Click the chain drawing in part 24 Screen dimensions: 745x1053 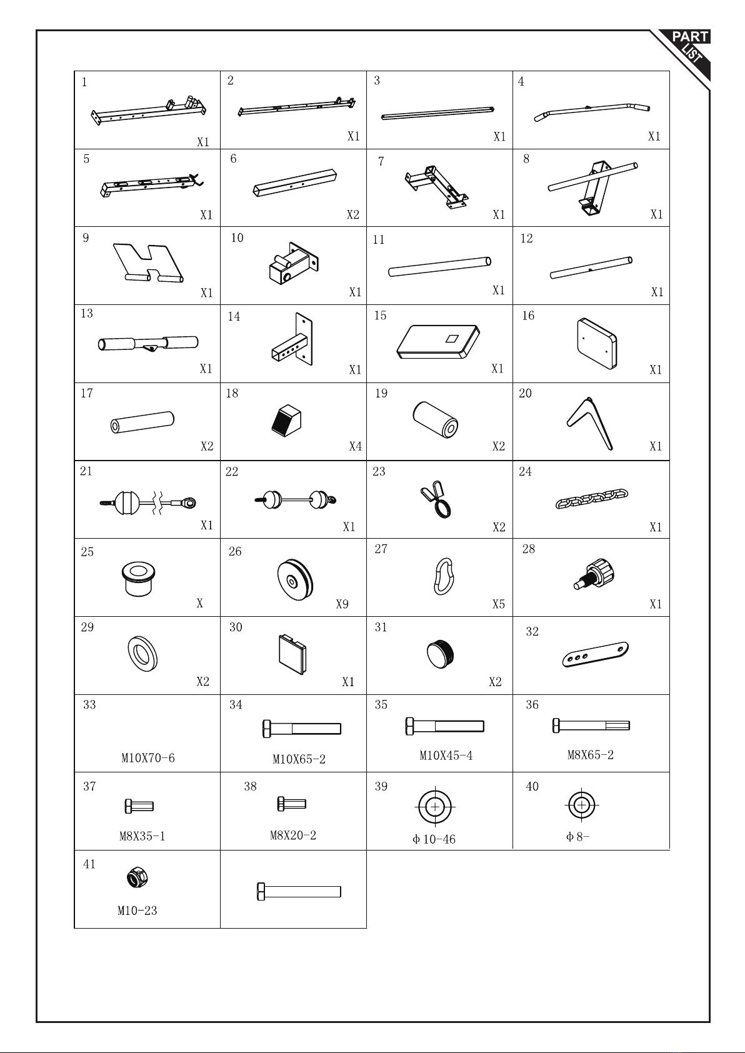(x=591, y=499)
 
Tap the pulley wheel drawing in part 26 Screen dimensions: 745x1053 (x=295, y=580)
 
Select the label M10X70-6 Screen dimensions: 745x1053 (x=148, y=758)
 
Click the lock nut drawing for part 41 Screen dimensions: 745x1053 (x=137, y=877)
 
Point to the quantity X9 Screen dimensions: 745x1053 (x=342, y=604)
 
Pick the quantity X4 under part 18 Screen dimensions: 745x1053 (x=356, y=446)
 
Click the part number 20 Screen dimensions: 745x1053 (x=525, y=393)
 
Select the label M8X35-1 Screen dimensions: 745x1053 (x=142, y=836)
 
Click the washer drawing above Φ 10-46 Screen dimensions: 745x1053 (x=435, y=807)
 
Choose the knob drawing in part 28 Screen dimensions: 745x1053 (x=594, y=574)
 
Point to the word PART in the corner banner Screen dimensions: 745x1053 (x=690, y=37)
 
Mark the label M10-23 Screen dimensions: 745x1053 (x=137, y=911)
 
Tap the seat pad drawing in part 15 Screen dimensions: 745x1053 (x=438, y=342)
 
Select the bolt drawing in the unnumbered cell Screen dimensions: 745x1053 (x=299, y=891)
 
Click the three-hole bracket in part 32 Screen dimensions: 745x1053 (x=596, y=654)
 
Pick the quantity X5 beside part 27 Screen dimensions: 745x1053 (x=499, y=604)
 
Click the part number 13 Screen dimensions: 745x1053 (x=87, y=313)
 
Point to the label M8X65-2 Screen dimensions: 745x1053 (x=591, y=754)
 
